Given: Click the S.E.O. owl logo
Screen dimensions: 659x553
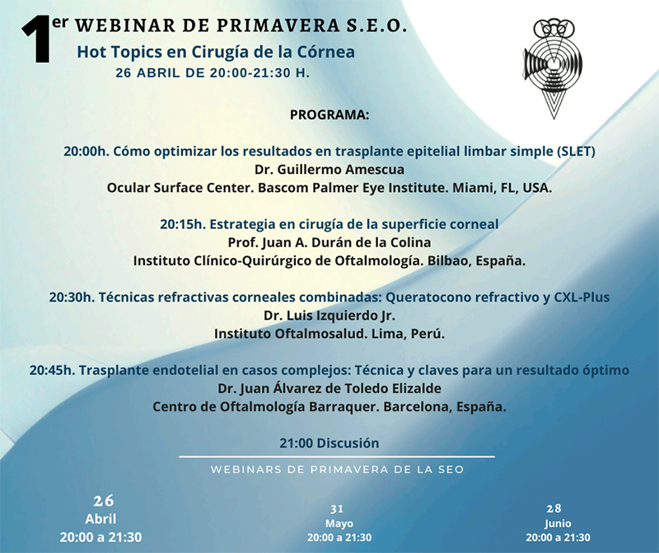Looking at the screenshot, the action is point(553,68).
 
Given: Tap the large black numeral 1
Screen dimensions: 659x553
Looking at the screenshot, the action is point(36,39).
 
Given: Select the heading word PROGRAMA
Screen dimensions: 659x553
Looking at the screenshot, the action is point(329,115).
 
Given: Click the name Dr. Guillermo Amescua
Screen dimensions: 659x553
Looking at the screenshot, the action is point(329,170).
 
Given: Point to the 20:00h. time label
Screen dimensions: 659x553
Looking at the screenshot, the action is point(86,152).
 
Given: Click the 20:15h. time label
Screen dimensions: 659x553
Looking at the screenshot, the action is point(183,224).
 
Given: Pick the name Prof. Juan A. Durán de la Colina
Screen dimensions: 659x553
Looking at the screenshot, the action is point(329,242).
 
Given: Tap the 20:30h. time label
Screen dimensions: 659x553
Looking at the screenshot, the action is point(72,298).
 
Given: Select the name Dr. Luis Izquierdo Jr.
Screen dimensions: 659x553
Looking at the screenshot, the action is point(329,316).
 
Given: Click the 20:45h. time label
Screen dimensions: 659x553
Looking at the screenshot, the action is point(52,370).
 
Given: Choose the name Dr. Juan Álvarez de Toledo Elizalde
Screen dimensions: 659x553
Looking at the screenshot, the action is point(329,388).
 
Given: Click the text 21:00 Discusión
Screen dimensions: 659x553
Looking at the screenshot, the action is point(329,443).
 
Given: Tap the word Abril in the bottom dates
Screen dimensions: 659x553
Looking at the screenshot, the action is point(100,519).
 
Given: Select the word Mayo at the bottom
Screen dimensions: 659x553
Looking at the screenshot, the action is point(339,523).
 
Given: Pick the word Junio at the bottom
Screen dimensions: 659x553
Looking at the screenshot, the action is point(558,523).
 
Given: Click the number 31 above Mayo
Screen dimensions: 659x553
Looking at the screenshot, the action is point(337,509).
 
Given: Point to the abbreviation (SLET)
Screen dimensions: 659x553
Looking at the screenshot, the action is point(576,152).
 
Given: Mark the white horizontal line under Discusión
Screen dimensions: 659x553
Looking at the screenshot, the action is point(337,457).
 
